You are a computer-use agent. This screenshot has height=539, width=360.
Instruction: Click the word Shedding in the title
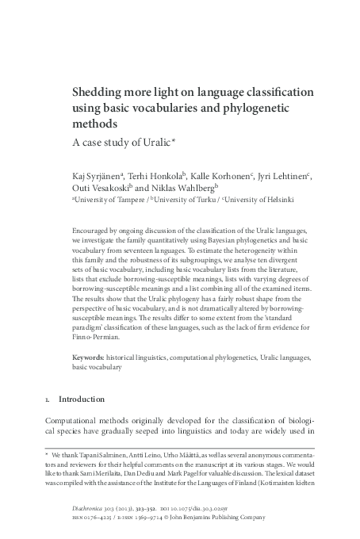click(98, 93)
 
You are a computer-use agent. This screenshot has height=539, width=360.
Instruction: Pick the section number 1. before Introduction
click(48, 399)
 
